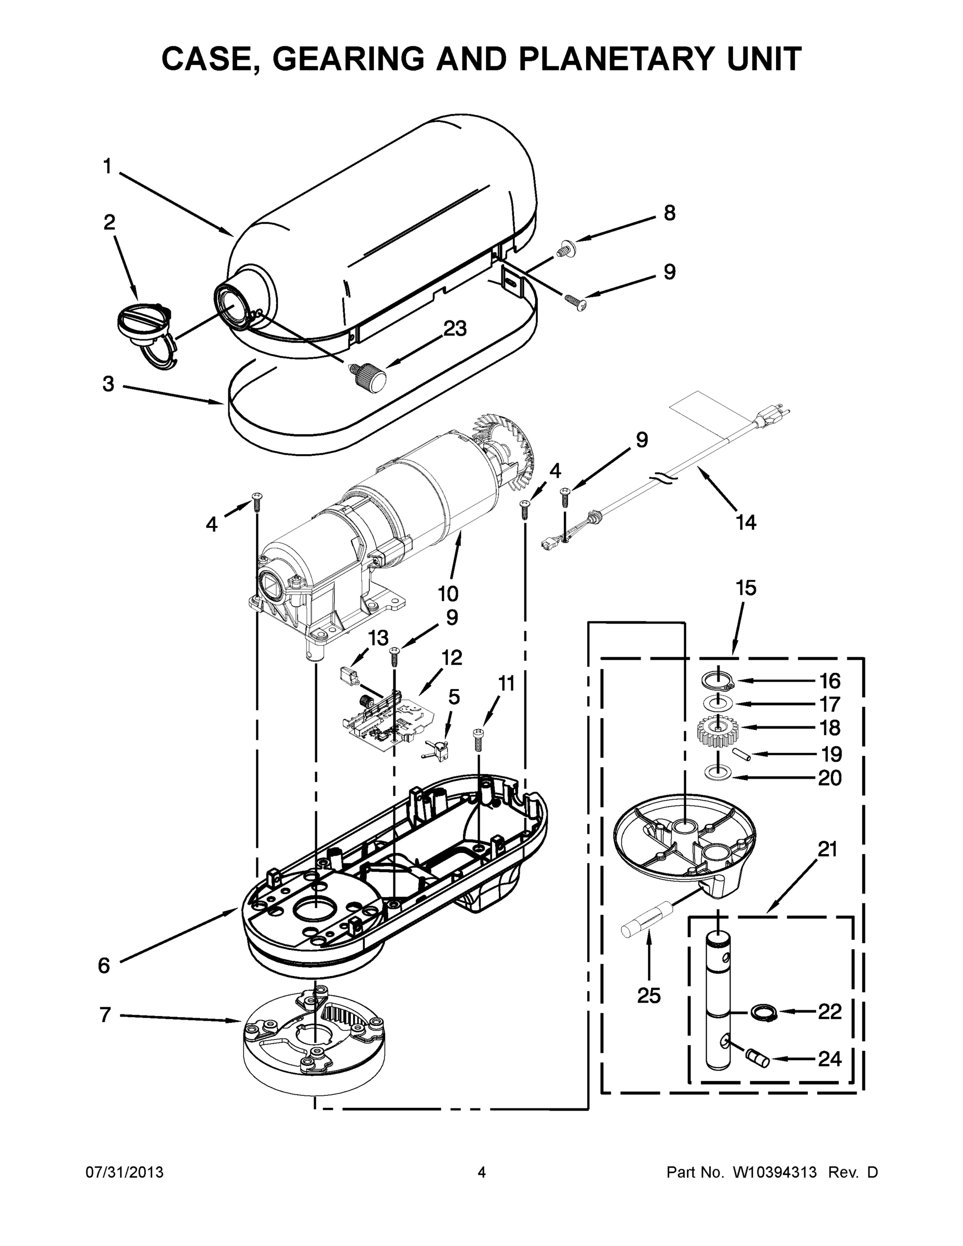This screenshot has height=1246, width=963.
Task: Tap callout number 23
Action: click(x=455, y=328)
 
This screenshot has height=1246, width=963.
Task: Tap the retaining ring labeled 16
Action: click(x=716, y=680)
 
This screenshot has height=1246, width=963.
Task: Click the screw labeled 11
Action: click(x=479, y=740)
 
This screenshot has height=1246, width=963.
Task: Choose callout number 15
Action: click(x=745, y=588)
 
